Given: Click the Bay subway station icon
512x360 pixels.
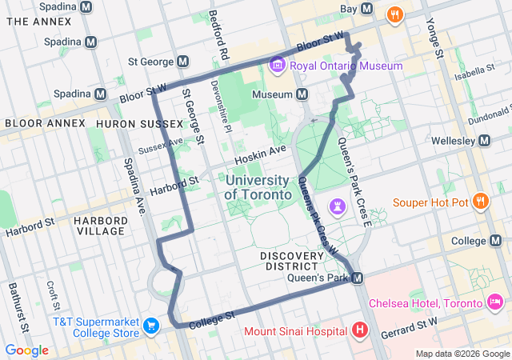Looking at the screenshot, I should pos(367,9).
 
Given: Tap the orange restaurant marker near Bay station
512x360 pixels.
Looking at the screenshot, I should pos(394,14).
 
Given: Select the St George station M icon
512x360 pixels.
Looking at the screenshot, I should pos(183,61).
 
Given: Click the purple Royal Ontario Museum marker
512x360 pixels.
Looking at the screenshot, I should pos(278,65).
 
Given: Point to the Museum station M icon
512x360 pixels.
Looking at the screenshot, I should pos(302,94).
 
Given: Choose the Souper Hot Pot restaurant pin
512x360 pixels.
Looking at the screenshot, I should pos(480,202).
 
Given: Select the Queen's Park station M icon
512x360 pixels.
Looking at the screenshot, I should pos(358,278).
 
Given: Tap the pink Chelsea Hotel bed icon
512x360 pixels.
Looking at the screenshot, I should pos(495,302).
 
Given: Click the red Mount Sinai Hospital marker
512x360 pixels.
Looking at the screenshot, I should pos(360,330).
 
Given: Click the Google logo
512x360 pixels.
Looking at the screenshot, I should pos(26,350).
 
